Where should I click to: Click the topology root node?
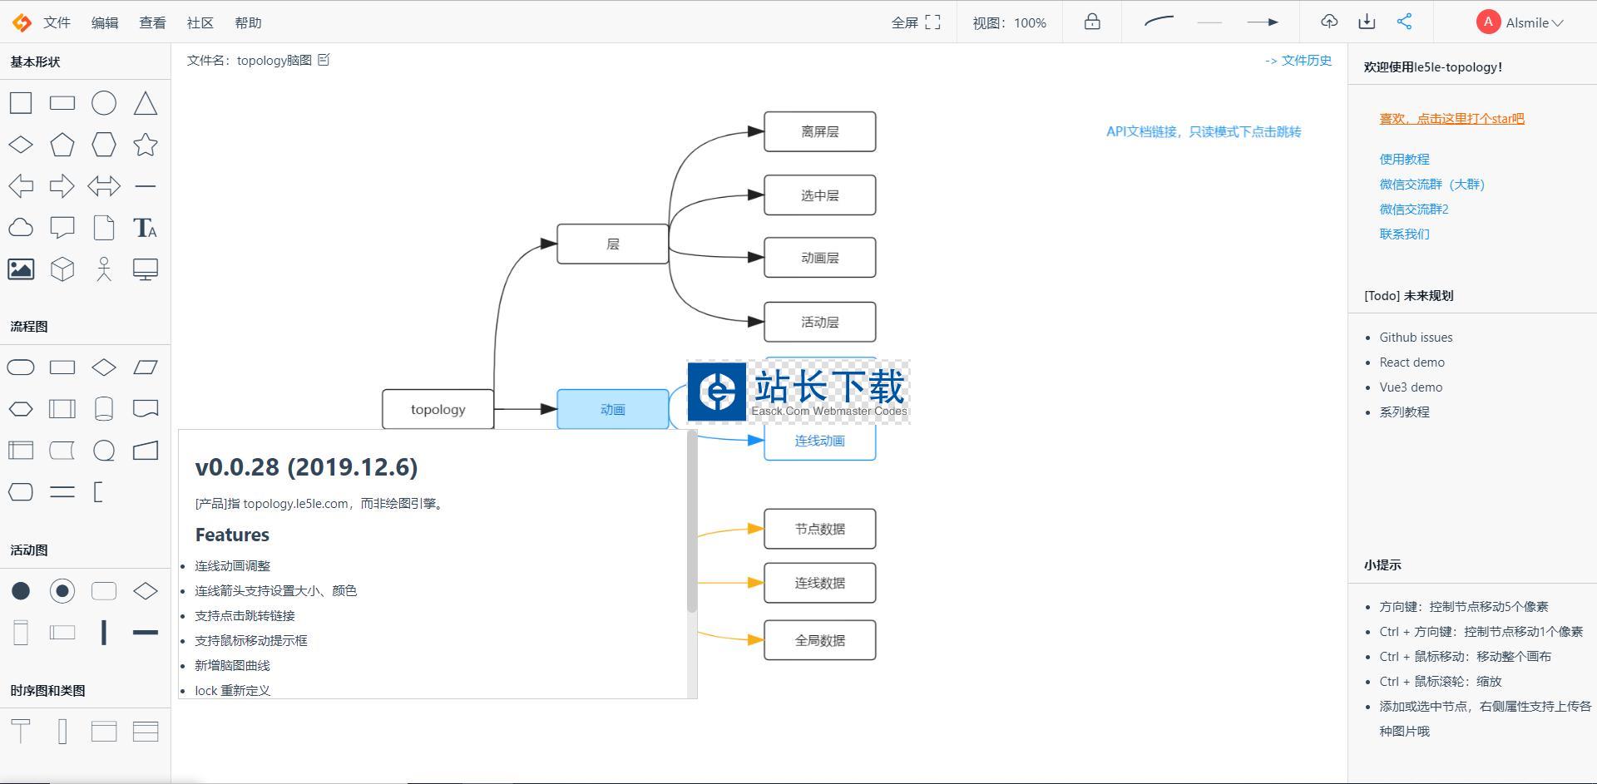click(x=438, y=409)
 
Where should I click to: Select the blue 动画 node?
click(x=612, y=409)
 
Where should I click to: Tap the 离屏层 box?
click(x=819, y=131)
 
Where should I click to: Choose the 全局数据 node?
click(x=819, y=640)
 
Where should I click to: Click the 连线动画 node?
click(x=819, y=441)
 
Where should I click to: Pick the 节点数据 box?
click(x=819, y=529)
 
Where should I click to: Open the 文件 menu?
click(x=57, y=22)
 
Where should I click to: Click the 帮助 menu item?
click(x=248, y=22)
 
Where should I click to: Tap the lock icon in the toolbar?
click(x=1092, y=22)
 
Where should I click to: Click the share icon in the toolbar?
click(x=1404, y=22)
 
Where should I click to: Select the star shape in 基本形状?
click(x=146, y=145)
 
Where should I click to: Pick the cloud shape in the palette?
click(x=21, y=228)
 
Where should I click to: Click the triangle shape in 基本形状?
click(x=146, y=103)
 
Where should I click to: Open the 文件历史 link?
click(x=1298, y=60)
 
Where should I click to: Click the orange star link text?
click(x=1451, y=118)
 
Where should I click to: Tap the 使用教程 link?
click(x=1404, y=159)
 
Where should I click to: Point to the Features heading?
click(x=232, y=535)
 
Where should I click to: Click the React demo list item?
click(x=1412, y=362)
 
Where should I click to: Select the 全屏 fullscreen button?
click(x=916, y=22)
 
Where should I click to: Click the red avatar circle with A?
click(x=1488, y=22)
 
